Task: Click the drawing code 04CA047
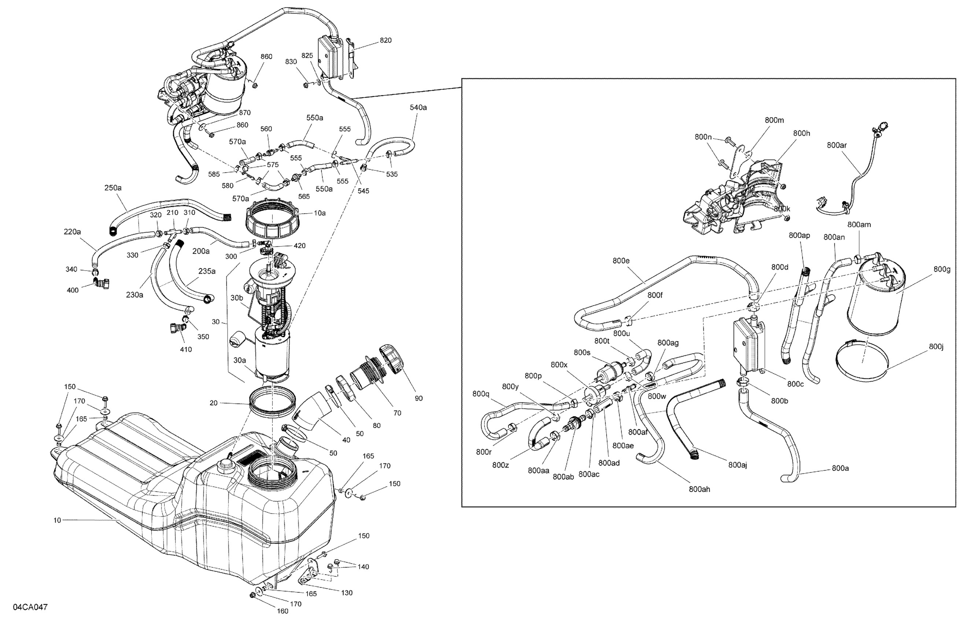click(30, 607)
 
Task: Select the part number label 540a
click(418, 107)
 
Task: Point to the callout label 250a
click(113, 188)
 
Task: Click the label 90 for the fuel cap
click(419, 398)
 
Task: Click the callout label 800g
click(942, 269)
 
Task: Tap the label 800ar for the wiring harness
click(837, 145)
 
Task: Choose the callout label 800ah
click(699, 489)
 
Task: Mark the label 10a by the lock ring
click(320, 213)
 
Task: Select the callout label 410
click(186, 349)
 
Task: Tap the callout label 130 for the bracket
click(346, 592)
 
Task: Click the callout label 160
click(283, 611)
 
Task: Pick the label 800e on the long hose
click(621, 261)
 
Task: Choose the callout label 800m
click(774, 120)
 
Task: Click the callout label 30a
click(239, 360)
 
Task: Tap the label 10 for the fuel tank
click(57, 520)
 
